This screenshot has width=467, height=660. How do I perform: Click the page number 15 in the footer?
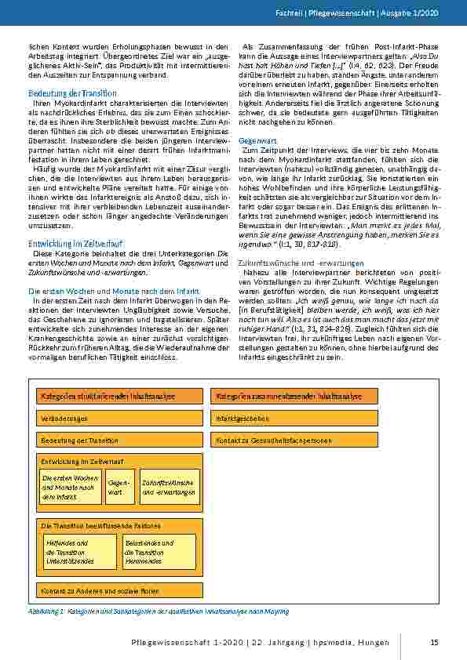(433, 643)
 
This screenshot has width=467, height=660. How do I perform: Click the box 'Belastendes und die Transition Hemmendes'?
(159, 552)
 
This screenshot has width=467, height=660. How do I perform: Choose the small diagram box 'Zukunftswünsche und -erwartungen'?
(170, 488)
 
